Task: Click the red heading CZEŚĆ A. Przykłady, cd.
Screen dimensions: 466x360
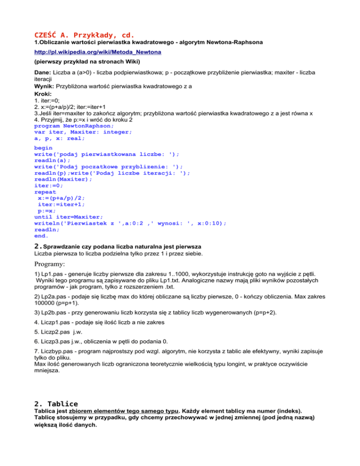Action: point(84,35)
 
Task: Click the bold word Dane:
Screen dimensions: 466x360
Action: point(44,72)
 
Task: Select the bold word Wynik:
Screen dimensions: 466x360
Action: point(45,87)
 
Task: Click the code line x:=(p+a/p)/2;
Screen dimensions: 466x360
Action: point(61,198)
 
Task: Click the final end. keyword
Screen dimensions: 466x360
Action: point(42,236)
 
